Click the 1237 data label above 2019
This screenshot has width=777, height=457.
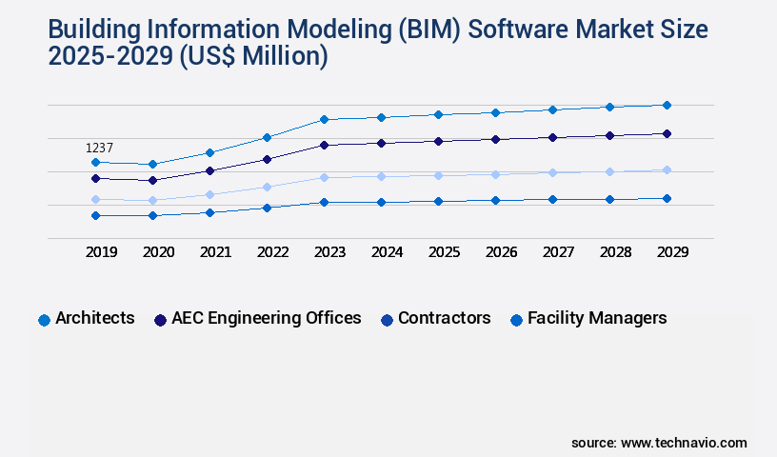[x=99, y=148]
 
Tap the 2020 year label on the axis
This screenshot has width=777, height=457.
[x=158, y=252]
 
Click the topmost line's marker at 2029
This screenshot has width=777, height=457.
[x=667, y=105]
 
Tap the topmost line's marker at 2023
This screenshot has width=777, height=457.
[x=324, y=119]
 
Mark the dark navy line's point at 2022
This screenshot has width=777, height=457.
[x=267, y=159]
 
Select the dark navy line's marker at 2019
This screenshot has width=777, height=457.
[x=95, y=178]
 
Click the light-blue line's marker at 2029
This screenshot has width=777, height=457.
[x=667, y=169]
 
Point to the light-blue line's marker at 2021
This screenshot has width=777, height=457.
[x=209, y=194]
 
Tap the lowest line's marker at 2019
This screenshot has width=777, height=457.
[x=95, y=215]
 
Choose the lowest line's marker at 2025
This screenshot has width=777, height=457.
[x=438, y=201]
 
